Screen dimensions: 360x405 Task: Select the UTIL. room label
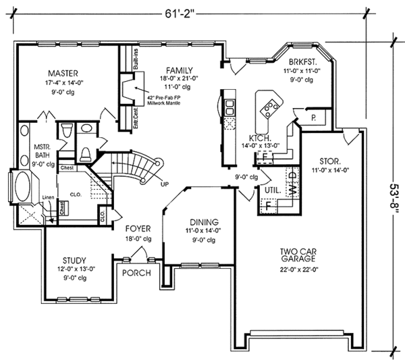point(272,191)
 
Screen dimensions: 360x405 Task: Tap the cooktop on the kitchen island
point(271,105)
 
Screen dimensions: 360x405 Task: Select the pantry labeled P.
point(315,117)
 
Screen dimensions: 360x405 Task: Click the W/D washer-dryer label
point(292,182)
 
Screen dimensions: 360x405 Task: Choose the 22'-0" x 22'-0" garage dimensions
point(298,269)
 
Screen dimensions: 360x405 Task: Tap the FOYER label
point(137,229)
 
